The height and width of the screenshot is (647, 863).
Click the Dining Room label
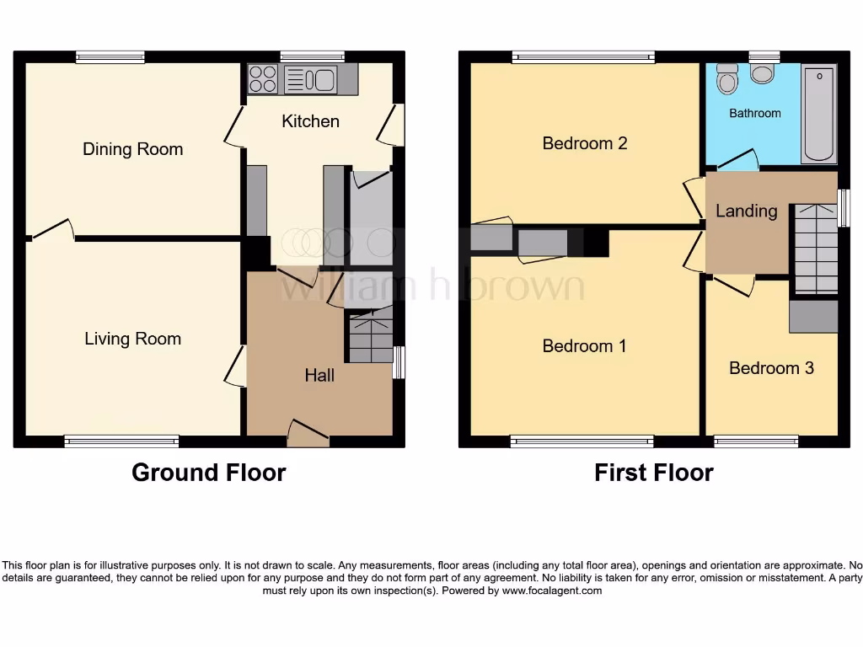point(132,149)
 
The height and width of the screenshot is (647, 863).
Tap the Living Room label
point(132,339)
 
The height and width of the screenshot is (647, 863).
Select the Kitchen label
point(310,121)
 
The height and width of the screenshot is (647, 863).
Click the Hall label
point(319,376)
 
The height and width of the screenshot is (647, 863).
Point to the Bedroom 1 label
point(584,345)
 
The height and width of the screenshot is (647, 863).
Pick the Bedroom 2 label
point(584,143)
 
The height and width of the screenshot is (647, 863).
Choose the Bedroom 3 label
point(771,368)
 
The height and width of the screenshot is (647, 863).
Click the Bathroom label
point(754,113)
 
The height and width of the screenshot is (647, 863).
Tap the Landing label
point(746,211)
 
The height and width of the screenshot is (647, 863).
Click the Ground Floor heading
point(208,473)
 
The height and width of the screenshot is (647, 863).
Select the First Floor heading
point(653,473)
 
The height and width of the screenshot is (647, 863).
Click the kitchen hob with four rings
point(263,79)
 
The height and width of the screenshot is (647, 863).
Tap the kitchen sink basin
point(322,79)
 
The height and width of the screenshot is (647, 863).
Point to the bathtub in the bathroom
point(818,115)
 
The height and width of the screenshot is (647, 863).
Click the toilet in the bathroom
point(726,78)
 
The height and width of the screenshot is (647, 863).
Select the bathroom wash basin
point(763,74)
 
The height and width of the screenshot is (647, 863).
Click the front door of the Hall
point(308,434)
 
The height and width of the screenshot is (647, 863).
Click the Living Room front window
point(122,441)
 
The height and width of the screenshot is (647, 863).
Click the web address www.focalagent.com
point(552,591)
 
